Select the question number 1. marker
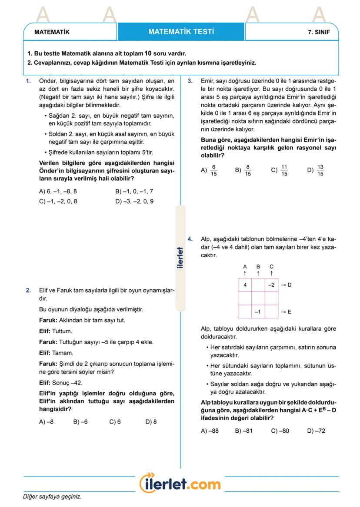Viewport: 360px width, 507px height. click(28, 81)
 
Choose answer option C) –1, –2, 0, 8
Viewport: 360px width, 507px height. click(58, 201)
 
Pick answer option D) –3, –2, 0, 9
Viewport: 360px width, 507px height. click(134, 201)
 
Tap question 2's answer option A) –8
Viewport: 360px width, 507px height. click(47, 421)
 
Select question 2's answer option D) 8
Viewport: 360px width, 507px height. click(151, 421)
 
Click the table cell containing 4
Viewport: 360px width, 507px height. click(245, 285)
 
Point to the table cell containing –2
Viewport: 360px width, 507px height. click(271, 285)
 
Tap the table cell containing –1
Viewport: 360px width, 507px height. click(258, 311)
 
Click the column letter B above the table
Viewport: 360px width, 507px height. click(258, 266)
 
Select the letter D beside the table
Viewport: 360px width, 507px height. click(290, 285)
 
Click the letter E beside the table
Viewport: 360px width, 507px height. click(290, 312)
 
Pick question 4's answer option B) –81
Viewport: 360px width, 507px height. click(243, 431)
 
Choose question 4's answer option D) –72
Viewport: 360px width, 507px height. click(316, 431)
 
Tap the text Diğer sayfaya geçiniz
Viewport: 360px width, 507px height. click(52, 496)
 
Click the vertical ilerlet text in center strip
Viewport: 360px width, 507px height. click(180, 258)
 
